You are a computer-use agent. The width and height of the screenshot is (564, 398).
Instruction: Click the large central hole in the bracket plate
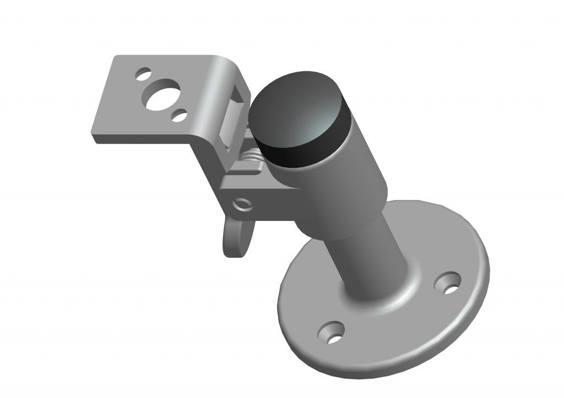(160, 95)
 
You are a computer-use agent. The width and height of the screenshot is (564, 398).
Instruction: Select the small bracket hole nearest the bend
(178, 115)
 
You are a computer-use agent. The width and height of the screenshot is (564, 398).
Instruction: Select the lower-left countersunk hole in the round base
(331, 333)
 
